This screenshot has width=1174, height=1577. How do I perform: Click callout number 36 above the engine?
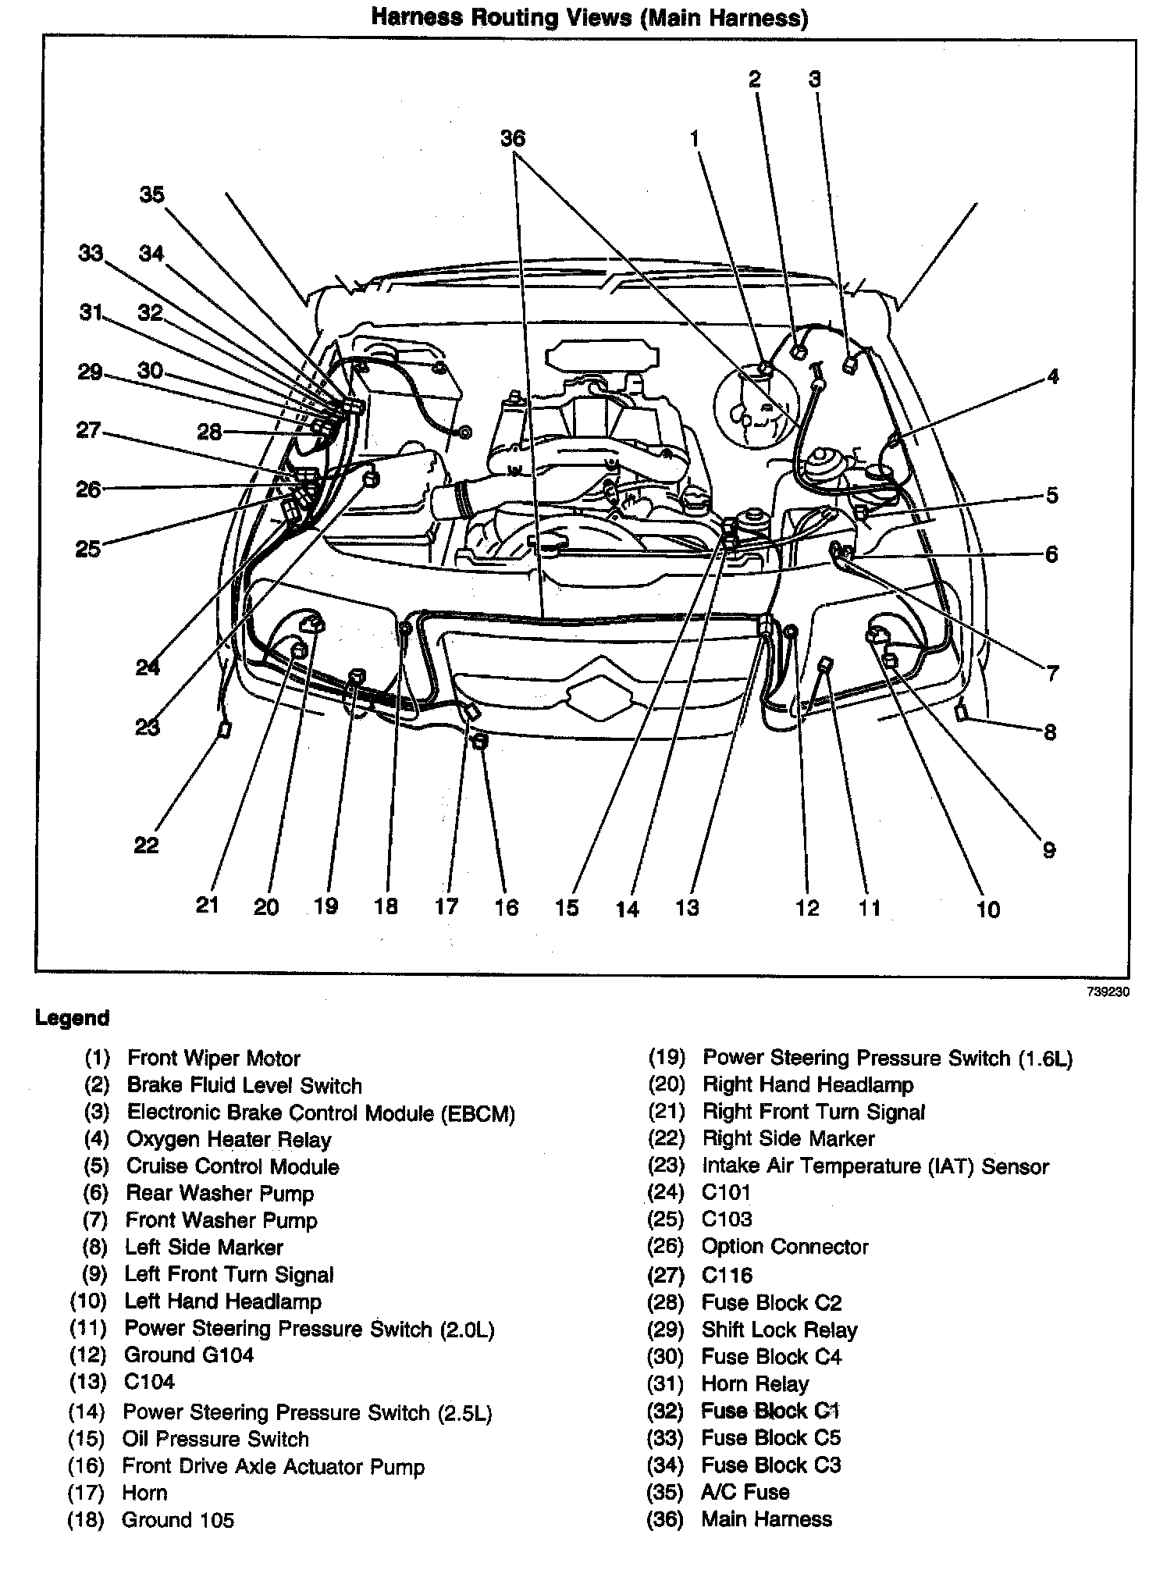[512, 139]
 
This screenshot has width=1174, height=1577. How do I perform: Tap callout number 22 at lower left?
[146, 845]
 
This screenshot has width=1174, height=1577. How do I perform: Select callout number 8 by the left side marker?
[1050, 732]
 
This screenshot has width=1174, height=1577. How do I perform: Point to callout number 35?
[152, 194]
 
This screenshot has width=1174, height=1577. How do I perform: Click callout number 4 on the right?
[1052, 376]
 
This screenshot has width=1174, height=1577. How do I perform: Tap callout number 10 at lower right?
[987, 909]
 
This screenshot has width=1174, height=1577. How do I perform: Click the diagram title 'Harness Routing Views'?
[589, 17]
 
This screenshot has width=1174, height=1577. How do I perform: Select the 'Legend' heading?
[73, 1018]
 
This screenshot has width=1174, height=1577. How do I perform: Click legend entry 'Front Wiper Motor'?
[213, 1059]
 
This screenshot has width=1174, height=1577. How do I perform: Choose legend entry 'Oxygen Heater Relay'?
[229, 1140]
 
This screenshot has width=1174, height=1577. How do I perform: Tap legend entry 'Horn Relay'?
[754, 1383]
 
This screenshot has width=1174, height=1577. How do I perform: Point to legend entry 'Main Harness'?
[766, 1519]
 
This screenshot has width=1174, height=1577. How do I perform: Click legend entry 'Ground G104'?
[189, 1355]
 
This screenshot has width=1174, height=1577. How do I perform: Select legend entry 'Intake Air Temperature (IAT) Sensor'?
[875, 1166]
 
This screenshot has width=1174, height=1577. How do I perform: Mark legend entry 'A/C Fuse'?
[745, 1492]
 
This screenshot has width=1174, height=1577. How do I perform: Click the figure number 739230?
[1108, 992]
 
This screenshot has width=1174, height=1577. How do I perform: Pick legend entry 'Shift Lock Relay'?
[778, 1330]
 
